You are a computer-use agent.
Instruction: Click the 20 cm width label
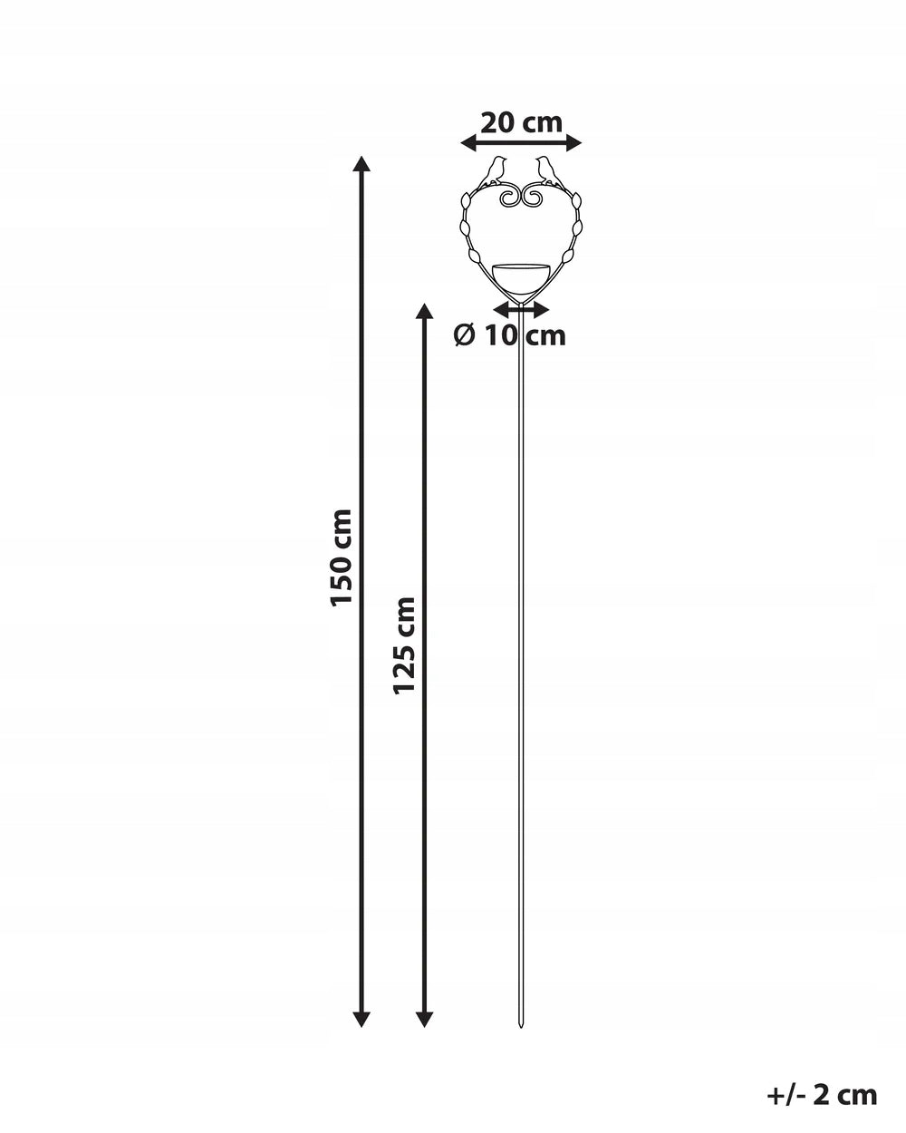point(521,123)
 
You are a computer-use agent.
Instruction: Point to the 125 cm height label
point(404,645)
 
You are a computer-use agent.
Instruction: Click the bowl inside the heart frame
point(521,276)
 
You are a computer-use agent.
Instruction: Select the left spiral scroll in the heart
point(509,198)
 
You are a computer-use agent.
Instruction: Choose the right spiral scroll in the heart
point(533,198)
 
